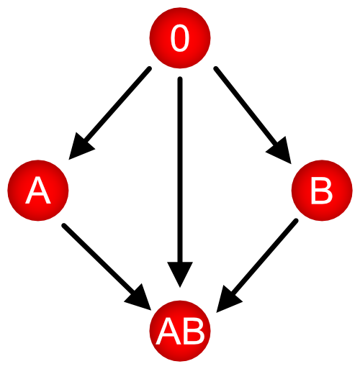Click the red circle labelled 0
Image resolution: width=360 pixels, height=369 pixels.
pos(180,38)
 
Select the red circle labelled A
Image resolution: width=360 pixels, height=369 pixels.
pos(38,191)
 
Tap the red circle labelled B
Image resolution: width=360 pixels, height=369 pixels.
pos(322,191)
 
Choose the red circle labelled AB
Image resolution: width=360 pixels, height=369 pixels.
pos(180,331)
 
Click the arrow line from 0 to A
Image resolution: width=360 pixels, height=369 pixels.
pos(109,114)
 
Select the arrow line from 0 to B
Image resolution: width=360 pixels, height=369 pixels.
pos(253,115)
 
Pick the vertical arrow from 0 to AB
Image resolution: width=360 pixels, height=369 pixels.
pos(180,182)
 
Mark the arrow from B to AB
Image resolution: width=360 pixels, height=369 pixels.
pos(257,265)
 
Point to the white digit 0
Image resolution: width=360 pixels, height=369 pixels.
pos(180,38)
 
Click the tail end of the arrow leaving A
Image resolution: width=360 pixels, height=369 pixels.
pos(64,225)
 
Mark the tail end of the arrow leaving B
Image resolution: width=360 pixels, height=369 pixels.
pos(296,221)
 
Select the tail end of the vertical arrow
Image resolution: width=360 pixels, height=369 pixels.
pos(180,79)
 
